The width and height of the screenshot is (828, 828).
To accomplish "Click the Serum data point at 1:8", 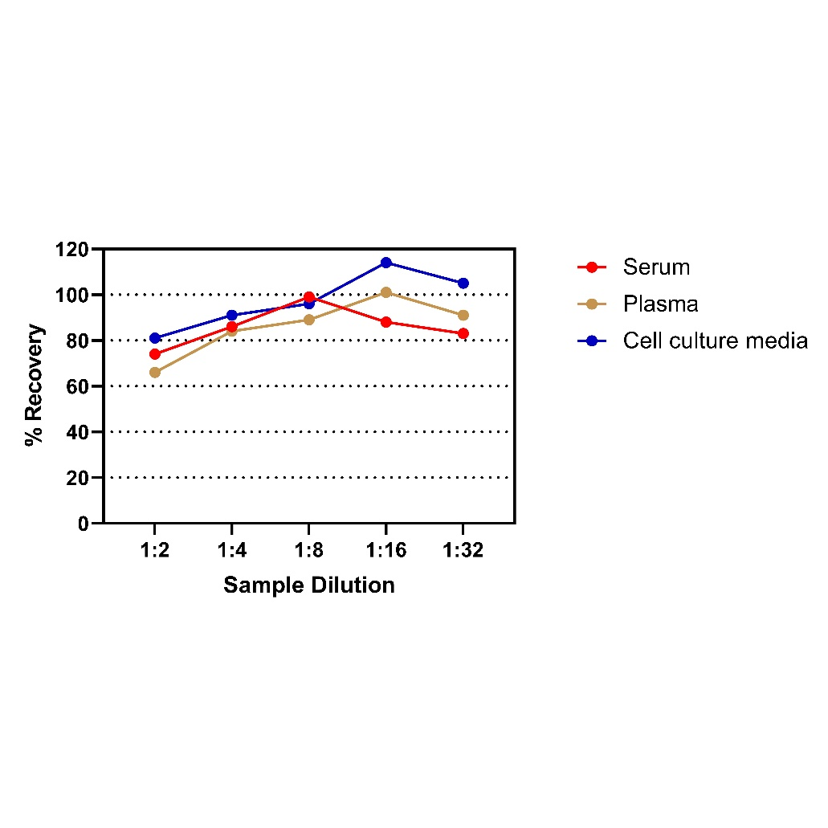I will (309, 297).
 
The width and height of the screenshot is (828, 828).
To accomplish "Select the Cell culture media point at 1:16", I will (386, 263).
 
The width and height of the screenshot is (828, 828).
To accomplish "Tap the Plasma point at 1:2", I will (155, 372).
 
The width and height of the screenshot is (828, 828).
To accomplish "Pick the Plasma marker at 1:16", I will (386, 292).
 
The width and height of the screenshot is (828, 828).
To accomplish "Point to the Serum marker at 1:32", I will (463, 333).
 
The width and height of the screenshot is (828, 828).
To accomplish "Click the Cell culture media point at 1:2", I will (155, 338).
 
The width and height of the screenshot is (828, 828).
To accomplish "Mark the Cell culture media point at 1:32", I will (463, 283).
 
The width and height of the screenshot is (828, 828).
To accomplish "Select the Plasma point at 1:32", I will (463, 315).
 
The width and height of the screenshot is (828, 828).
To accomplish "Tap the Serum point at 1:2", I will (155, 353).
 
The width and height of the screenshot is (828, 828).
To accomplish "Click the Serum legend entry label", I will (656, 267).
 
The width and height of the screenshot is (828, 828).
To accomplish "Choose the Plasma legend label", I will (660, 304).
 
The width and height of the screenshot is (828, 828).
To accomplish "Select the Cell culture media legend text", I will (715, 341).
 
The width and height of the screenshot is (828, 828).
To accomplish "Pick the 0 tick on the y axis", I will (84, 524).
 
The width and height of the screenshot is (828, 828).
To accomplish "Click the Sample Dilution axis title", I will (309, 585).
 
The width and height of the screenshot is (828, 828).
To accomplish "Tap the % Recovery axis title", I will (34, 385).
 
